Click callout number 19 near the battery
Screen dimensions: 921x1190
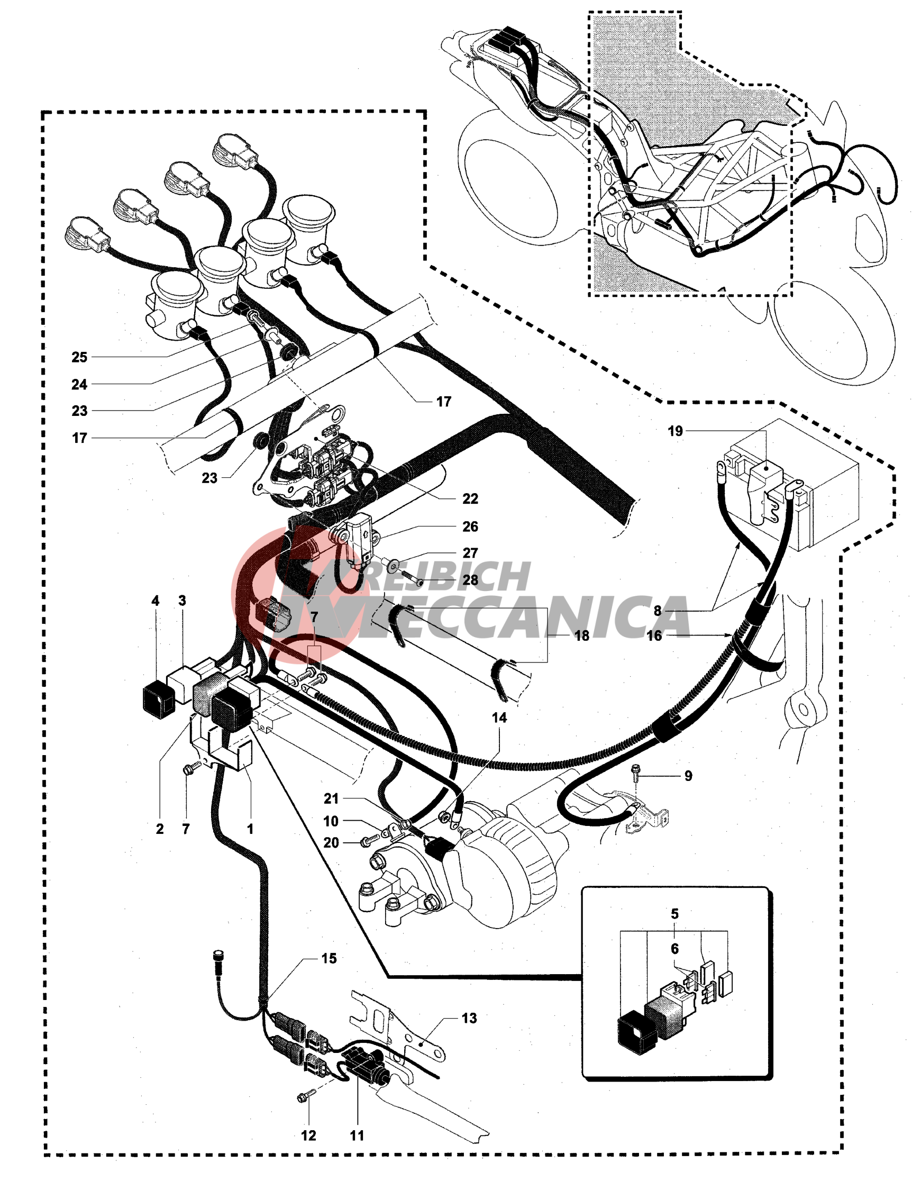click(675, 431)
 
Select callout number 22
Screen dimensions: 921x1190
click(470, 498)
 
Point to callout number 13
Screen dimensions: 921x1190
click(469, 1018)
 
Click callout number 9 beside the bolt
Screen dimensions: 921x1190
click(688, 775)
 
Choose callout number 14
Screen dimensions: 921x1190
click(499, 717)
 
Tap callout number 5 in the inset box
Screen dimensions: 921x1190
click(675, 913)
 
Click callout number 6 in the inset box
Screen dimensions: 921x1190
click(675, 949)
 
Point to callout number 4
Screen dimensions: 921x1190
click(155, 601)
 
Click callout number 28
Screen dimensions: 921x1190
click(470, 580)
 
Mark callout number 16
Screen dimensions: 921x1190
click(654, 635)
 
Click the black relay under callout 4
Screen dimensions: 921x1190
click(159, 699)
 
